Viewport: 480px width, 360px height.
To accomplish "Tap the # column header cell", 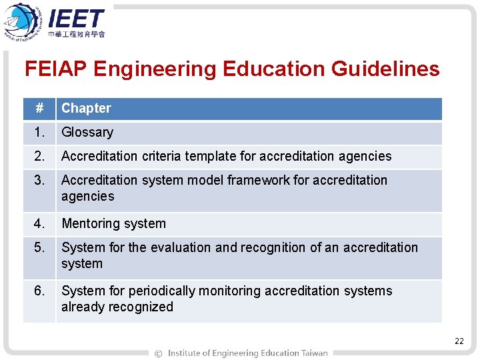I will [39, 108].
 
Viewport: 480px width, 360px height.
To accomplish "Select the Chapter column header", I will [86, 108].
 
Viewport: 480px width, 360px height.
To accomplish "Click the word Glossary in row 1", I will [87, 132].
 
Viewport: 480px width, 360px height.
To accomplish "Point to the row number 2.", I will [41, 156].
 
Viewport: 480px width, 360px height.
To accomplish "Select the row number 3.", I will [41, 180].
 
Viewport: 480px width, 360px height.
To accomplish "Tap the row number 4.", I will [41, 223].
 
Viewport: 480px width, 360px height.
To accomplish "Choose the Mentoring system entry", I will [113, 223].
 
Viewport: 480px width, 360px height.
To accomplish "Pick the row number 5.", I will [41, 247].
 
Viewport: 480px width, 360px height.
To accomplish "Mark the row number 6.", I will [41, 291].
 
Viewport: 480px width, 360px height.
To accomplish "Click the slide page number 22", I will [459, 341].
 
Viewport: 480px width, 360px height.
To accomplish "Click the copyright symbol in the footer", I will [158, 353].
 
